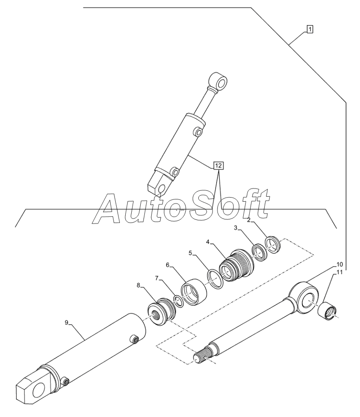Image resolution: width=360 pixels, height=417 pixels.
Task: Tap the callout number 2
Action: (x=249, y=220)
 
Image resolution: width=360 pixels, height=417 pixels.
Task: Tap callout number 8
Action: (x=67, y=323)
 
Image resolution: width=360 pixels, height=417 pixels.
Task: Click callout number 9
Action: (x=339, y=264)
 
